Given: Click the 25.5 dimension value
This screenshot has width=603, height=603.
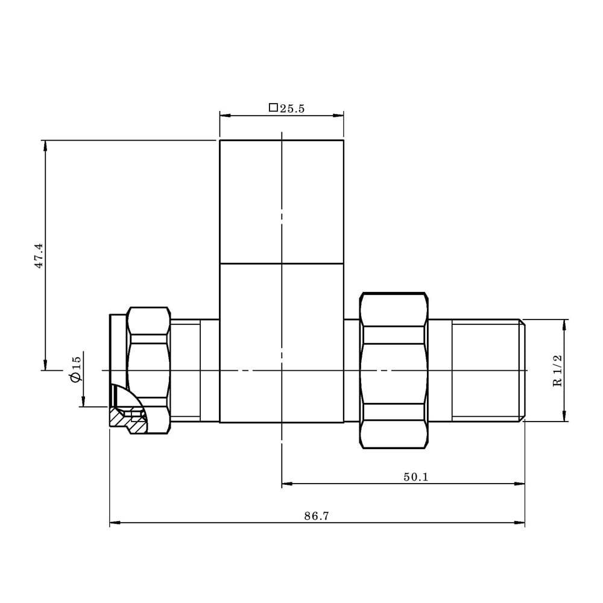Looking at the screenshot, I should [292, 109].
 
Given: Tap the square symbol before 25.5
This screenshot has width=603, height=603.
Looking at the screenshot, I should [273, 108].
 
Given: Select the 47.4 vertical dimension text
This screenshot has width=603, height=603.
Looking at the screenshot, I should [39, 256].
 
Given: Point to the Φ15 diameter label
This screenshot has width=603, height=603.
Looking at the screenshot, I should [75, 368].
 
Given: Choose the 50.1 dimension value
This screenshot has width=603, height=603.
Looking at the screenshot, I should [415, 477].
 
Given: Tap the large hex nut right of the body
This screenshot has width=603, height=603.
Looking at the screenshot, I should [393, 370].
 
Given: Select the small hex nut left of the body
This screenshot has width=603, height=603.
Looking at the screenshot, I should [148, 370].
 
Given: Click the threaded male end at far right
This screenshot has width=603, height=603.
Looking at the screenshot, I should [487, 370].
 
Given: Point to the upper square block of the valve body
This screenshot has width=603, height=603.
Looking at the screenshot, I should [282, 201].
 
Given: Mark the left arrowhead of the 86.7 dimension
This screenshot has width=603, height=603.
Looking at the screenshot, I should [113, 523].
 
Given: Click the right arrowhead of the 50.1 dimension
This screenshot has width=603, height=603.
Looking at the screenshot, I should [520, 483].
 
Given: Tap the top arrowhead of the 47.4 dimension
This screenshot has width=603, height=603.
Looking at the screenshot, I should [45, 144].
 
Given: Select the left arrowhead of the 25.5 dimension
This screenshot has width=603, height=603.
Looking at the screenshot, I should [223, 115].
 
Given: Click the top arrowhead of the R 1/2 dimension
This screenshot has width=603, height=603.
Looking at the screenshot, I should [564, 323].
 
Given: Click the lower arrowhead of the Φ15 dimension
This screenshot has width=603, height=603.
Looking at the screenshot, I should [84, 403].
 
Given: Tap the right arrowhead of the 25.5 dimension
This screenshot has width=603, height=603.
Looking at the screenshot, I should [339, 115].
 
